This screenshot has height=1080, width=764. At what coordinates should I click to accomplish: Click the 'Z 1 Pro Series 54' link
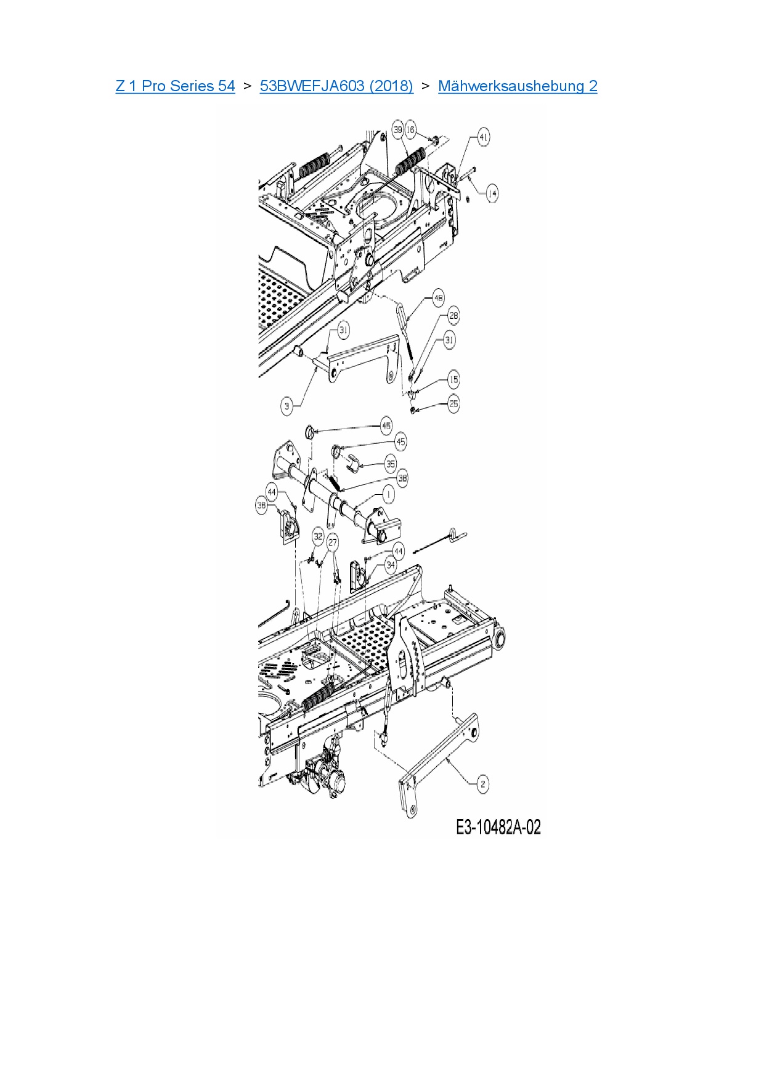click(x=175, y=86)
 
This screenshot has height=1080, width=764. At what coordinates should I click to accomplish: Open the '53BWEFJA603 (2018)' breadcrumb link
click(x=336, y=86)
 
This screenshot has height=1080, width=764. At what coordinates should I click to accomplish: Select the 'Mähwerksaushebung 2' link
click(x=518, y=86)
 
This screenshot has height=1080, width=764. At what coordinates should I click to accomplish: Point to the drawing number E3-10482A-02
click(x=498, y=827)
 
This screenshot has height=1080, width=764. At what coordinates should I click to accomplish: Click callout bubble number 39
click(x=398, y=129)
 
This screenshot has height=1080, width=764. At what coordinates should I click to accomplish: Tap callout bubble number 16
click(x=410, y=129)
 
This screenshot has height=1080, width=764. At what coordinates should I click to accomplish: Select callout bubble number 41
click(x=484, y=137)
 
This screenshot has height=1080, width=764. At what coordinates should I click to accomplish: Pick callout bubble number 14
click(x=492, y=193)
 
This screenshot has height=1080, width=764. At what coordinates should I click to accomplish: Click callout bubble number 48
click(x=438, y=299)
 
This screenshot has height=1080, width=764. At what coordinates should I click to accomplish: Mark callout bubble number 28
click(x=453, y=316)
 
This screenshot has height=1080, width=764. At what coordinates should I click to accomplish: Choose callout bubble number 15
click(x=453, y=379)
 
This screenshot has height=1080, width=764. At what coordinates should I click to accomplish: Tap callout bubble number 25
click(x=453, y=404)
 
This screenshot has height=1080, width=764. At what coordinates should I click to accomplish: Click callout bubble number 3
click(x=286, y=406)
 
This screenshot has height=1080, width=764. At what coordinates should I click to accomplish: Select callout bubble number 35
click(x=391, y=464)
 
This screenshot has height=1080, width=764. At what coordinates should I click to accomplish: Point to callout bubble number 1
click(x=388, y=494)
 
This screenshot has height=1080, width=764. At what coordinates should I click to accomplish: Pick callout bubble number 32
click(x=318, y=536)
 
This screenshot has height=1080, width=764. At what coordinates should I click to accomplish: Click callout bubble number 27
click(x=333, y=542)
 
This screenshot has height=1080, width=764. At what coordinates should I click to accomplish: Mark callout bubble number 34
click(x=391, y=564)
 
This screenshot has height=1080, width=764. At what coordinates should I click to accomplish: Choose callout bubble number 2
click(x=483, y=784)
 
